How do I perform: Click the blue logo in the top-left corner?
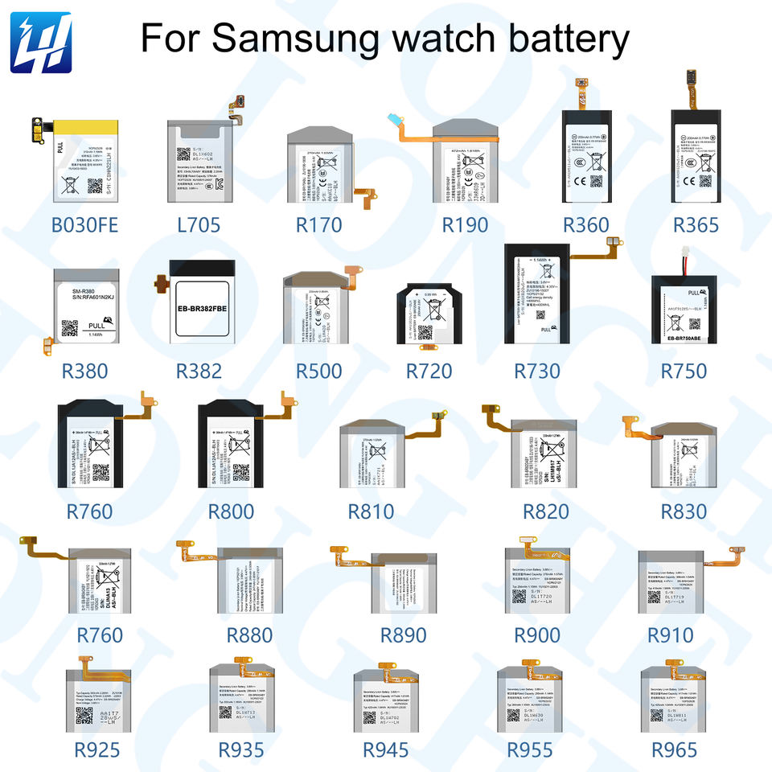[x=41, y=41]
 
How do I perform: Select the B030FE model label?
[x=84, y=224]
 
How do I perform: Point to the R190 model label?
[x=466, y=224]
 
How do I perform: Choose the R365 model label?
[x=696, y=224]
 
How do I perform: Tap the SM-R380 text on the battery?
[x=84, y=292]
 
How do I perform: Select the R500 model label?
[x=318, y=372]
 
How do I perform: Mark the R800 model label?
[x=231, y=511]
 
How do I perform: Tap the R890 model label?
[x=404, y=635]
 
